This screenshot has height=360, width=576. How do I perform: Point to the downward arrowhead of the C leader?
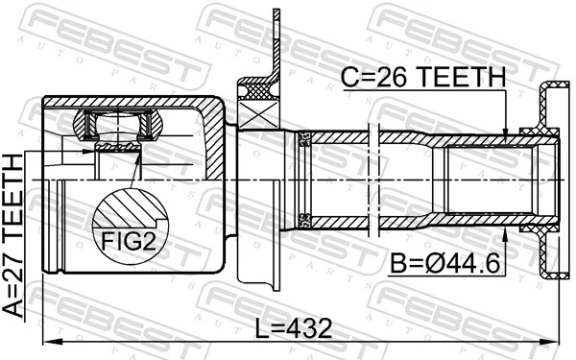click(x=506, y=136)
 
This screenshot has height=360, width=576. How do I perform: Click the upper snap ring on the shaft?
click(x=305, y=140)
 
